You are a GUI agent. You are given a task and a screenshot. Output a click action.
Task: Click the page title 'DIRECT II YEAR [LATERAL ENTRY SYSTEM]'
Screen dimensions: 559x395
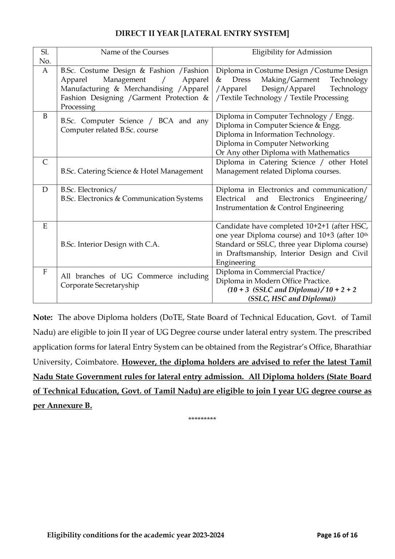202,33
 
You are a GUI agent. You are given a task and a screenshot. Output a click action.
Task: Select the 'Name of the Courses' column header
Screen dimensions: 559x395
135,52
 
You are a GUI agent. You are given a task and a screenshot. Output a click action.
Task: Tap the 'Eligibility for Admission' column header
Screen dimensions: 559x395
292,52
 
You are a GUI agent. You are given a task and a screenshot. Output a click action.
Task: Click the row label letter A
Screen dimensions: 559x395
45,71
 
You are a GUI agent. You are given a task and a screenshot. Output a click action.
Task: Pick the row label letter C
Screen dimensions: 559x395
45,162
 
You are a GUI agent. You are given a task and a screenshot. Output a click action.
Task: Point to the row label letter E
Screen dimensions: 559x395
45,226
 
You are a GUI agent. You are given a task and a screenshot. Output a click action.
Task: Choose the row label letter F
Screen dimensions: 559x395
45,272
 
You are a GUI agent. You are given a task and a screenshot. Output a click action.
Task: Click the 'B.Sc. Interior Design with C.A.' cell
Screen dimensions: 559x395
110,244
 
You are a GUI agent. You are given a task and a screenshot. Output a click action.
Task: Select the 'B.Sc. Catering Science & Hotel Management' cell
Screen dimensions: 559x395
132,171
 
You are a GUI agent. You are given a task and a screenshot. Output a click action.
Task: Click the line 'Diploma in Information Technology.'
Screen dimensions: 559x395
275,134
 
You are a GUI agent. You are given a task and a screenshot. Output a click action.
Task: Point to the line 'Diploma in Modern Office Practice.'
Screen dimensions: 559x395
273,281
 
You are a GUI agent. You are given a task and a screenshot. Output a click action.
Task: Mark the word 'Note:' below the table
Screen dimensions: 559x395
43,317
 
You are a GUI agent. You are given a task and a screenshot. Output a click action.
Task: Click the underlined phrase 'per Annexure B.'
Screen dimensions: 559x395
62,406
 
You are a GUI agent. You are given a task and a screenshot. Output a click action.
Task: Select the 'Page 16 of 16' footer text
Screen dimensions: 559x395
337,535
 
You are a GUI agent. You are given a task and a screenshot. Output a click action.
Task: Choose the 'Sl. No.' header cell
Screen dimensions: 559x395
45,56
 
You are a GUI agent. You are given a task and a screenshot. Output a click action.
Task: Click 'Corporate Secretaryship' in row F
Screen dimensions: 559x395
100,285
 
